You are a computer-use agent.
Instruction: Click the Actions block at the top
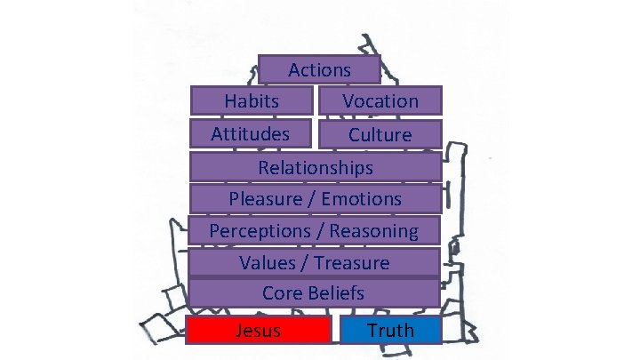pos(319,69)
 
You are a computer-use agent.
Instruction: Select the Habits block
pos(252,101)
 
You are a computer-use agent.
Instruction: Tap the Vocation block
pos(380,101)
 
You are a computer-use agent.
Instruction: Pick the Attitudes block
pos(251,134)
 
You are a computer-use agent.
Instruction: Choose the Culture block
pos(380,135)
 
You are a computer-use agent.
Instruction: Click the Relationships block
pos(316,167)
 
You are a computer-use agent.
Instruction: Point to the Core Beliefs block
pos(314,292)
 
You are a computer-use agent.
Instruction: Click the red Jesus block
pos(259,331)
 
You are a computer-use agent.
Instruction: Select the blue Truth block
pos(391,331)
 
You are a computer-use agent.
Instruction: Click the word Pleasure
pos(265,199)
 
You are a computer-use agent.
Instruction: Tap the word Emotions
pos(362,199)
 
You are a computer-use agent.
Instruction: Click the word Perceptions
pos(259,231)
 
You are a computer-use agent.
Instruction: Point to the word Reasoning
pos(373,231)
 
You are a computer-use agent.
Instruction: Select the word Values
pos(268,263)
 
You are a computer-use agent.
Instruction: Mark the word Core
pos(282,292)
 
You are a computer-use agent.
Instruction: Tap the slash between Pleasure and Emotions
pos(311,199)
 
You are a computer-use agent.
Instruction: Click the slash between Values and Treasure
pos(308,263)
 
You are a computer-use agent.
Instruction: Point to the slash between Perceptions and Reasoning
pos(323,231)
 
